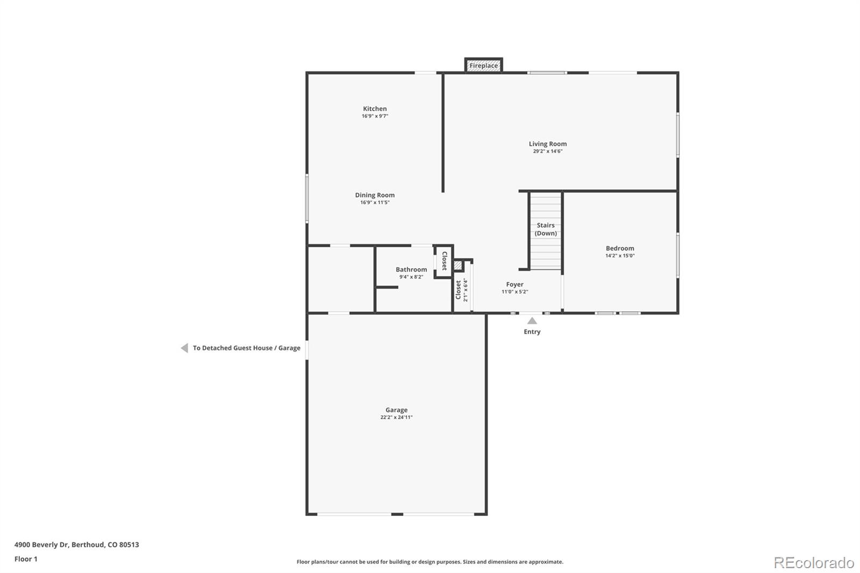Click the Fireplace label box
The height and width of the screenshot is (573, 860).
[483, 65]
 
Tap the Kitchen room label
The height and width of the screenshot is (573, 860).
[375, 109]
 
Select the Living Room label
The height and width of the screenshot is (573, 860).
[548, 144]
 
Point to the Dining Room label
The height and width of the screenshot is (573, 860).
[375, 195]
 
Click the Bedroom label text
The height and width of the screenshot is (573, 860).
[620, 248]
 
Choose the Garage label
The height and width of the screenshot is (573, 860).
[396, 410]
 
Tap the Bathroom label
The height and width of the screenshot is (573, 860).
[411, 270]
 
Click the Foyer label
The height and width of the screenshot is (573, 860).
[514, 284]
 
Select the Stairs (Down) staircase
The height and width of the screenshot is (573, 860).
[546, 231]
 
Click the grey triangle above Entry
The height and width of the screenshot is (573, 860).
[532, 321]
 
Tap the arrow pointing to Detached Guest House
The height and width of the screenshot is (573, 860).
[185, 348]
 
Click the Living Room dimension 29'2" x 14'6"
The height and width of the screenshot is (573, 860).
[548, 152]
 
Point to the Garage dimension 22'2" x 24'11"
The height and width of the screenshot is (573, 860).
[396, 418]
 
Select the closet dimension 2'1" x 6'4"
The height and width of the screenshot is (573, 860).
[465, 290]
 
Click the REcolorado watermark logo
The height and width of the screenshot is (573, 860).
[814, 563]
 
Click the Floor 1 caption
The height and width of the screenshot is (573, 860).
[26, 559]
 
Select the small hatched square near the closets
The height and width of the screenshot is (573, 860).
[457, 266]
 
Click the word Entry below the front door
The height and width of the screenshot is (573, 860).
[532, 332]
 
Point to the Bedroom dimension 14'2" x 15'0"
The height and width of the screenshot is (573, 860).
[620, 256]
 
